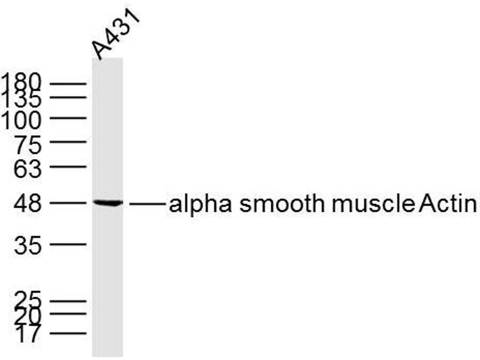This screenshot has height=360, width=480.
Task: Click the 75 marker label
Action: (x=29, y=145)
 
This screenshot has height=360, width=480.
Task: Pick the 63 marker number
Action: (x=29, y=170)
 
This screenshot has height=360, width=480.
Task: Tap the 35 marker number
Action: (x=29, y=245)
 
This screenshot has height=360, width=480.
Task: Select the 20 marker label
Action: (x=29, y=314)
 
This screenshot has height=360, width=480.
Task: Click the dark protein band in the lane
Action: (x=107, y=203)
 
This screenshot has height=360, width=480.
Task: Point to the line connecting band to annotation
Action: (x=147, y=205)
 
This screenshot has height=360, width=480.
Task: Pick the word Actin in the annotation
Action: (x=448, y=204)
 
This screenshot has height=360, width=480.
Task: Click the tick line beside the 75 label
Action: (x=68, y=143)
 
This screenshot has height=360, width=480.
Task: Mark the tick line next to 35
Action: (x=68, y=244)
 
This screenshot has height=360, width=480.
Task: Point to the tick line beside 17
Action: (x=68, y=332)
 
